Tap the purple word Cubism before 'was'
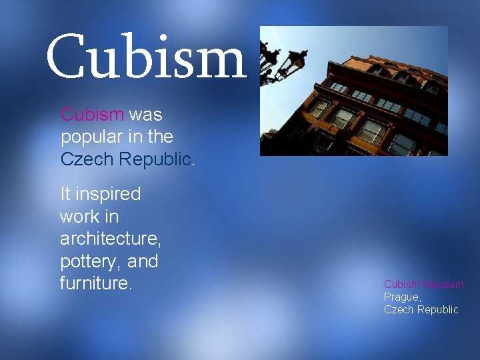(x=92, y=115)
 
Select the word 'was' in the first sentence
(x=145, y=115)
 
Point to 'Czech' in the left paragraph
(x=83, y=160)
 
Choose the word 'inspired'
(x=109, y=195)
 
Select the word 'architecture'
(x=109, y=239)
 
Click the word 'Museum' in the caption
(x=442, y=285)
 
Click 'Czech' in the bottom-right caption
(x=398, y=309)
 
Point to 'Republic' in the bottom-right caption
(x=437, y=309)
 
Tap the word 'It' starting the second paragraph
(x=65, y=195)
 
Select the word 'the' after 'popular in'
(x=161, y=137)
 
